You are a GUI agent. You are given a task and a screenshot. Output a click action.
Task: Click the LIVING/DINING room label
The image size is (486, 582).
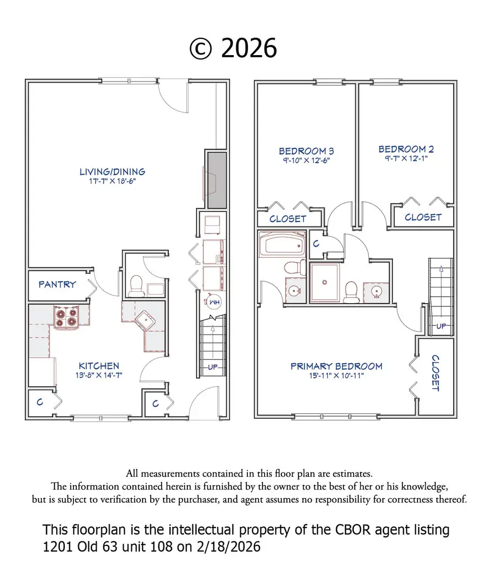pos(112,172)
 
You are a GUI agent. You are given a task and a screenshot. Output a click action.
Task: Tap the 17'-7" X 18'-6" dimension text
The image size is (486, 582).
pos(112,182)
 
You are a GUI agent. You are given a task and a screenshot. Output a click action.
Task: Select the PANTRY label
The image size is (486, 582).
pos(57,284)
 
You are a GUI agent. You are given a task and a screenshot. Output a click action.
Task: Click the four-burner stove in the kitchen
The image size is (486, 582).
pos(65,317)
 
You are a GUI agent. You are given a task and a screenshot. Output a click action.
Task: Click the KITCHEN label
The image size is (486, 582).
pos(99,366)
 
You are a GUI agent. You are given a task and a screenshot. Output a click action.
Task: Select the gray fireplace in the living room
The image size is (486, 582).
pos(217,180)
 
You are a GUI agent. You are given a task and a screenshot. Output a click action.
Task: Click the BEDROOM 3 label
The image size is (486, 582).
pos(303,151)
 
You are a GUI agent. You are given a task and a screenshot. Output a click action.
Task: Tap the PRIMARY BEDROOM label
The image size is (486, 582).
pos(336,366)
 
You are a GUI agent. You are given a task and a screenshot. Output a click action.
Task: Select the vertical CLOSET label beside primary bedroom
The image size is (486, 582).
pos(435,373)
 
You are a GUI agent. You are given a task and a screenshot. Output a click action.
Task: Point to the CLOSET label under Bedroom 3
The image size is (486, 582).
pos(288,219)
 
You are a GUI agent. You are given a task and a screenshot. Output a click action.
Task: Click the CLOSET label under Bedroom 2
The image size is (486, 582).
pos(423,217)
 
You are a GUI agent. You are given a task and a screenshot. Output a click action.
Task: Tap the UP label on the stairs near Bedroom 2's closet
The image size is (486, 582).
pos(441,327)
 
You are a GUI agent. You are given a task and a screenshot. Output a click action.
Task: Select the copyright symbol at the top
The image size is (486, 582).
pos(200,49)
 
